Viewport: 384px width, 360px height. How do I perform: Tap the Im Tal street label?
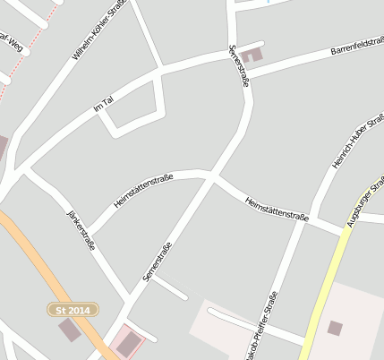(104, 107)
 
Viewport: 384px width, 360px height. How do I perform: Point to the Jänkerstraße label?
(81, 230)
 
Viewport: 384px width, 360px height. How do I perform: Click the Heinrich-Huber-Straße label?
(352, 142)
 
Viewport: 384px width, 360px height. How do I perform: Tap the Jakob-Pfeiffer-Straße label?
(261, 323)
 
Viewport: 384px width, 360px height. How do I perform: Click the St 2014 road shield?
(73, 309)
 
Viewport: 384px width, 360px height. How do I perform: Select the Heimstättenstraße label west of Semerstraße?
(143, 192)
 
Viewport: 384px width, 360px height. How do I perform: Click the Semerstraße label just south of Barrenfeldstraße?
(238, 65)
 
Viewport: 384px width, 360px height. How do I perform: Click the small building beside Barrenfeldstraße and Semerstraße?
(253, 55)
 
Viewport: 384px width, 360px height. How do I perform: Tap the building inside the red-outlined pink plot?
(130, 341)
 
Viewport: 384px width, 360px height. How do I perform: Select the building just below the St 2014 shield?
(69, 330)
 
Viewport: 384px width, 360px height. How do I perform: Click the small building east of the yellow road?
(335, 329)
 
